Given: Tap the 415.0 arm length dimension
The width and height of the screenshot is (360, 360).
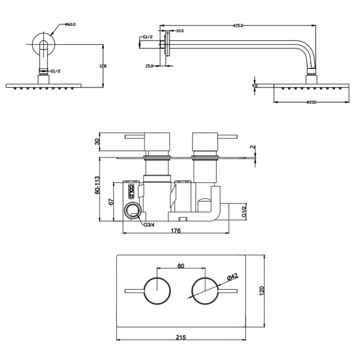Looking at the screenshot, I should coord(238,24).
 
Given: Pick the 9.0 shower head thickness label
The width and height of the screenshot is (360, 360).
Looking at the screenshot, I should coord(254,86).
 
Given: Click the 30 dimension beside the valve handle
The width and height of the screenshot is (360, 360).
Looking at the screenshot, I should coord(98,141).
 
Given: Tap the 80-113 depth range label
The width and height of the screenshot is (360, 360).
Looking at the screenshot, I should coord(98,186).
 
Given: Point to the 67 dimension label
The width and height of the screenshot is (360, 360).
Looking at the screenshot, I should coord(111,202).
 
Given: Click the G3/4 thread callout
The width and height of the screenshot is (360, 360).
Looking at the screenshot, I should coord(148,225).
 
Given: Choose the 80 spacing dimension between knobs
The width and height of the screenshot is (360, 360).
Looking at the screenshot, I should coord(181,266).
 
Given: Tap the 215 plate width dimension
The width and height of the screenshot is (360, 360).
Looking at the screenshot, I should coord(181,336).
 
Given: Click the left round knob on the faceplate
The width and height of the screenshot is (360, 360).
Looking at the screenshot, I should coord(158,290).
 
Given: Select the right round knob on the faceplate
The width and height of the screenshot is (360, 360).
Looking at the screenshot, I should coord(203,290).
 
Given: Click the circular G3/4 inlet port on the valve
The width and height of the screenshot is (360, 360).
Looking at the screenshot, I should coord(133,211).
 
